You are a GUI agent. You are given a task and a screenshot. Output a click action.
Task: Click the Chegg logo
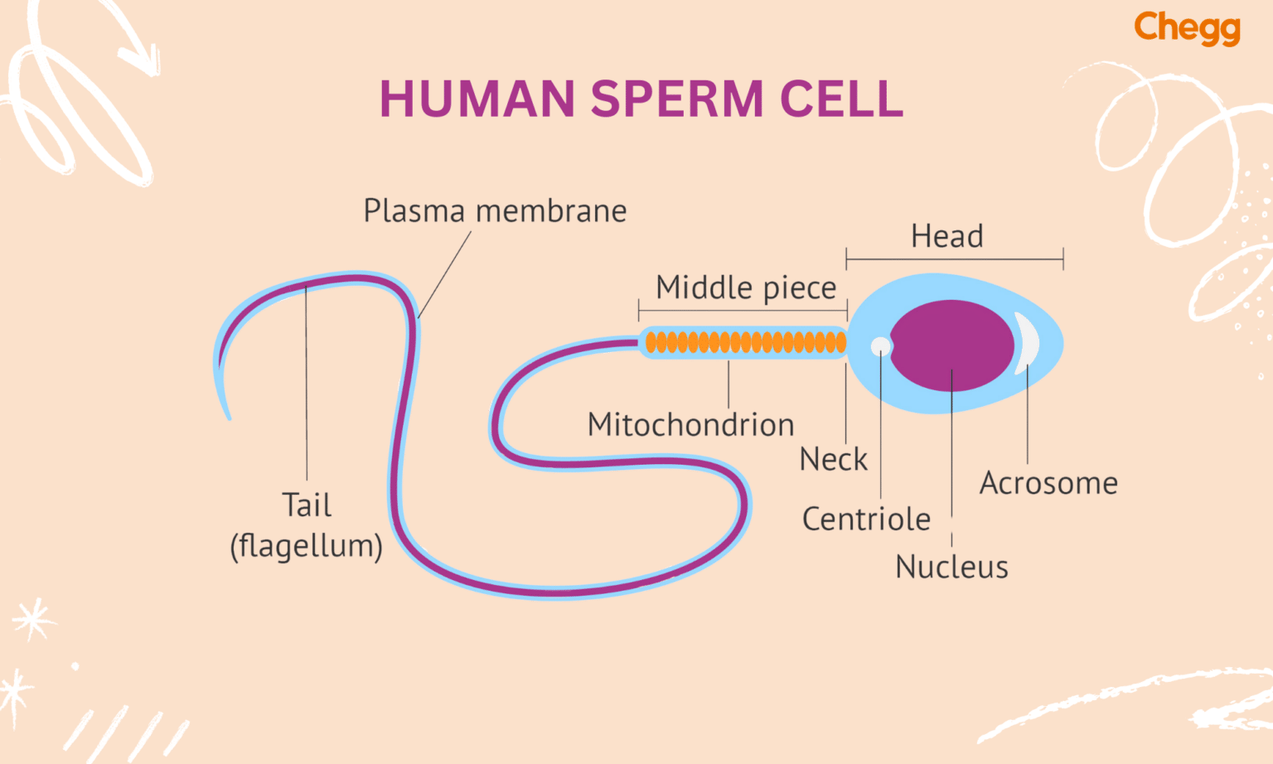pos(1187,28)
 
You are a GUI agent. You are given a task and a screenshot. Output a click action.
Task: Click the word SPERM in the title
pos(676,99)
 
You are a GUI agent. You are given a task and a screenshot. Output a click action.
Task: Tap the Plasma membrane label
pos(495,211)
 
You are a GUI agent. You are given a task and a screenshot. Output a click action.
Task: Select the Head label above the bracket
pos(946,236)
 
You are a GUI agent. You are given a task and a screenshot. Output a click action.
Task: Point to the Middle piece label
pos(746,288)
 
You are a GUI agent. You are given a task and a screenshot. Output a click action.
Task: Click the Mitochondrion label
pos(690,424)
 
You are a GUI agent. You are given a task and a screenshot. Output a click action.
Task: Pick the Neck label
pos(833,459)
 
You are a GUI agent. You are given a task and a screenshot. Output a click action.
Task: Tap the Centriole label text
pos(866,520)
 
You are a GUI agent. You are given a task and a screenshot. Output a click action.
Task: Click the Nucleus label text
pos(951,568)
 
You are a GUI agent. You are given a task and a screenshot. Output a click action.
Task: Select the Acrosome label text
pos(1048,483)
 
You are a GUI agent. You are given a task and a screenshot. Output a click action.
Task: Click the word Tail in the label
pos(307,505)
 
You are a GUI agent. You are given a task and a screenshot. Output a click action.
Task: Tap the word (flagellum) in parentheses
pos(306,546)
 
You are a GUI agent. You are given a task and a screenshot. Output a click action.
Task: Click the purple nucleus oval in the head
pos(951,345)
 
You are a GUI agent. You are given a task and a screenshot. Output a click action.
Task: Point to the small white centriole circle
pos(881,346)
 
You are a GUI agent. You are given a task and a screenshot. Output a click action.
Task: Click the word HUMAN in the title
pos(477,99)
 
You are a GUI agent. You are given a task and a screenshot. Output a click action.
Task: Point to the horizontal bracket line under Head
pos(954,259)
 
